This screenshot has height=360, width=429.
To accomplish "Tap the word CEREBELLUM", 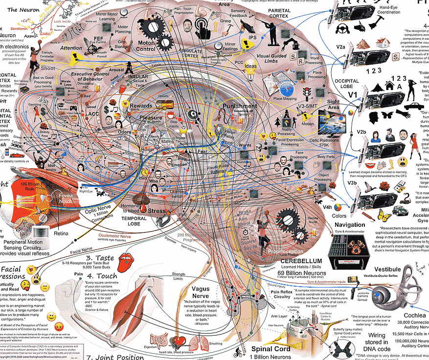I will [301, 261].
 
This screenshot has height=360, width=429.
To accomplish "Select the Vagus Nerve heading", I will [201, 292].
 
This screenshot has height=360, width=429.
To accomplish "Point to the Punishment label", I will [240, 106].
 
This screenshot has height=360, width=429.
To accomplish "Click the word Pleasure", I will [150, 118].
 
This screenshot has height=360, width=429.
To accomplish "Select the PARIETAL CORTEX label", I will [283, 21].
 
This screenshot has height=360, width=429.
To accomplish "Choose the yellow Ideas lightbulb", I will [251, 67].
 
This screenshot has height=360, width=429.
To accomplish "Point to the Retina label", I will [61, 234].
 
